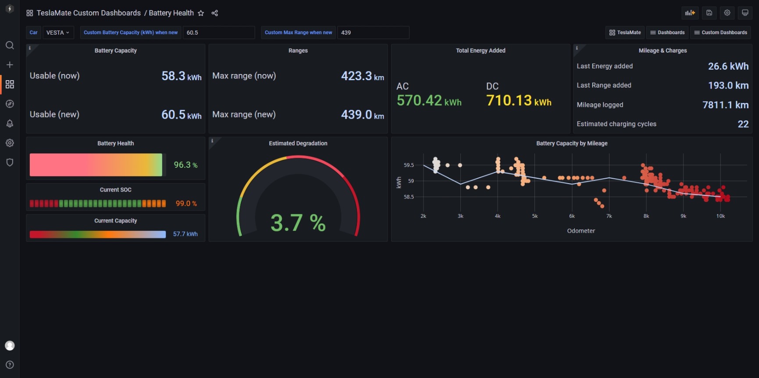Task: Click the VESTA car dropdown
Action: [x=58, y=32]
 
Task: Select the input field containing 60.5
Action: [x=218, y=32]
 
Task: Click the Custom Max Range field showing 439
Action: [x=373, y=32]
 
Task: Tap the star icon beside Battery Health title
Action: [x=201, y=13]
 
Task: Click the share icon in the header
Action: [x=215, y=13]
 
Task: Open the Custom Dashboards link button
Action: [x=720, y=32]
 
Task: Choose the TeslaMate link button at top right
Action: [x=625, y=32]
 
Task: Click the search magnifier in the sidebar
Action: [x=10, y=46]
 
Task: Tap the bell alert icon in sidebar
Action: [x=10, y=124]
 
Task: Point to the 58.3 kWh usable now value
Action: [x=182, y=76]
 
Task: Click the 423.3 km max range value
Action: [x=363, y=76]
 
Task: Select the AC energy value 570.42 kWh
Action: [x=429, y=101]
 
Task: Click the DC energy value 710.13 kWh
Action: [x=519, y=101]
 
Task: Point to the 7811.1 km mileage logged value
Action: [x=726, y=105]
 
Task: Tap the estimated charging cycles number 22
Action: [x=743, y=124]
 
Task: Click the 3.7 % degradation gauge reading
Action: [x=298, y=223]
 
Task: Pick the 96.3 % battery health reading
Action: [x=185, y=165]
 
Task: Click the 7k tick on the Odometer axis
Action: [x=609, y=216]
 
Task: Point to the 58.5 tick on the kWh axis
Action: [x=409, y=197]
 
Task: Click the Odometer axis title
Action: [x=581, y=231]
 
